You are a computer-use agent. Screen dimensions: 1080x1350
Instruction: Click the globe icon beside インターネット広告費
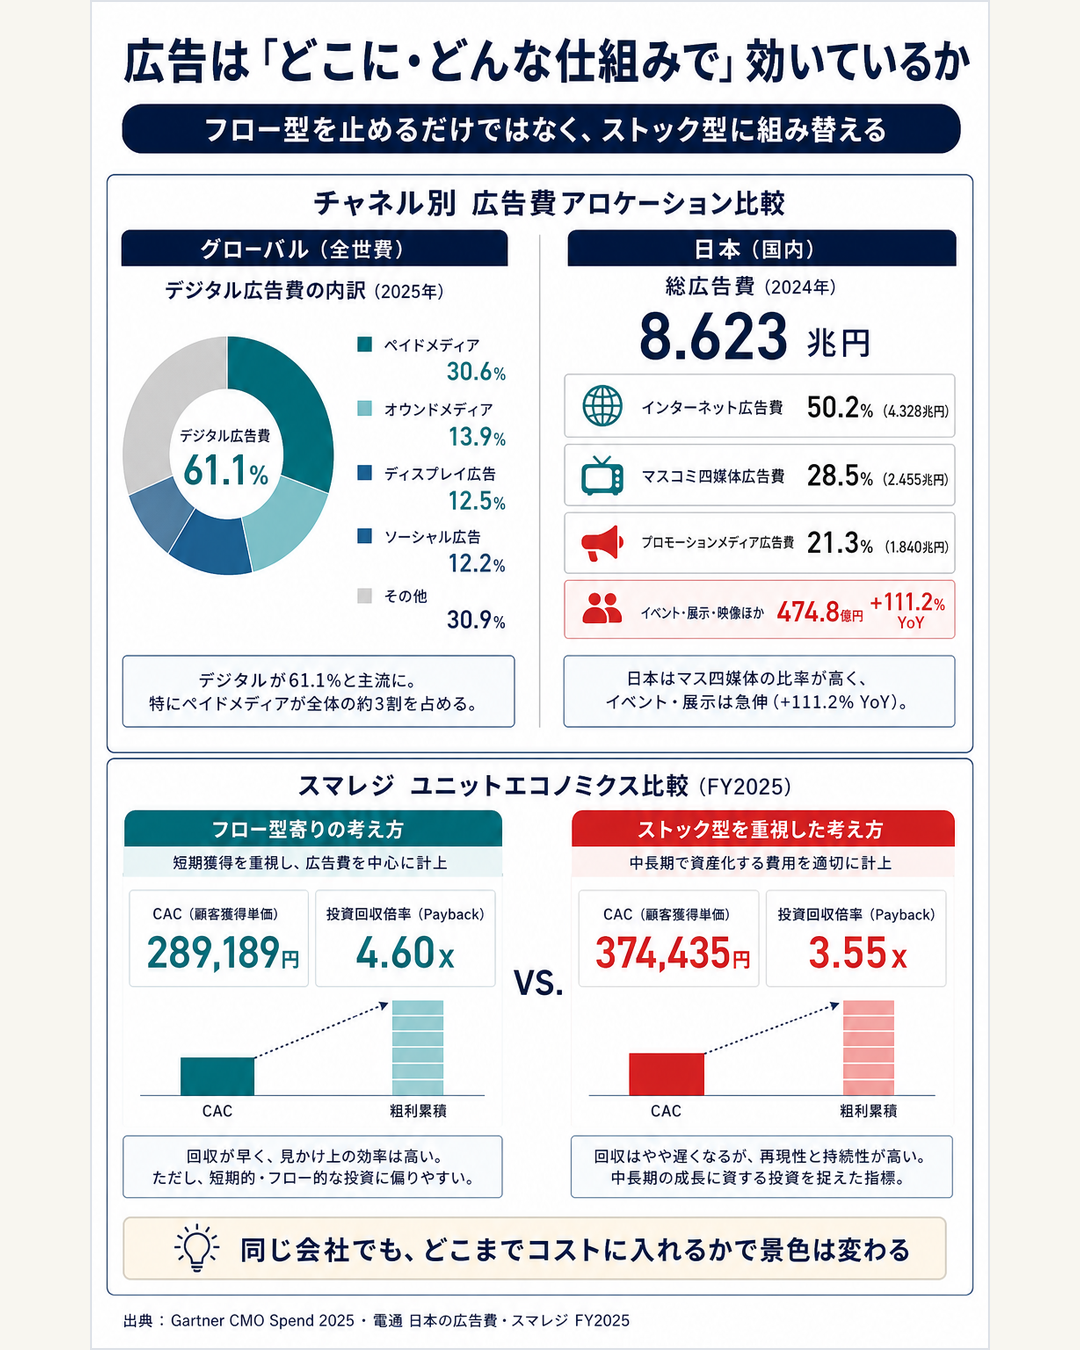[602, 406]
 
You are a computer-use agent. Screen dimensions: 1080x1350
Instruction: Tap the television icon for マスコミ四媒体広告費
[602, 476]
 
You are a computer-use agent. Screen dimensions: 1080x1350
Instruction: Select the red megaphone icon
[602, 543]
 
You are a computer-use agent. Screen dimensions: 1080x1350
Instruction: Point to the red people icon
[602, 609]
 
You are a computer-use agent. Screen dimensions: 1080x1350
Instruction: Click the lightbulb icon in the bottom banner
[197, 1247]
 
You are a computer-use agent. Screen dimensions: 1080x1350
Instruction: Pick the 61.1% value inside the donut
[226, 470]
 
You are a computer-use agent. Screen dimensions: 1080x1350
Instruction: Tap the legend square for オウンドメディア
[364, 408]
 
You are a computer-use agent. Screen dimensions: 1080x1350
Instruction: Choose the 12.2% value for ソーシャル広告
[477, 564]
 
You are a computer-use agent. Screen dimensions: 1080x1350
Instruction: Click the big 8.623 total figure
[714, 338]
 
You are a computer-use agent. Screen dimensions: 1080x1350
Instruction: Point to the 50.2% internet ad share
[840, 408]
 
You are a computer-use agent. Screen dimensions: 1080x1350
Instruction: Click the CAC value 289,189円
[223, 953]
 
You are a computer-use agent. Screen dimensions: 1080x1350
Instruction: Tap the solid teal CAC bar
[217, 1076]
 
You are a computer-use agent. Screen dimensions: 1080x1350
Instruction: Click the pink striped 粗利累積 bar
[868, 1048]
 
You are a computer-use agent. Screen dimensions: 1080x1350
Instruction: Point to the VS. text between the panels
[538, 982]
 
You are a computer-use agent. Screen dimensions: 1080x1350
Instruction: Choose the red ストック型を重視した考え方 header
[763, 829]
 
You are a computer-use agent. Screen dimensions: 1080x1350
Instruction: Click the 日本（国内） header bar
[762, 248]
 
